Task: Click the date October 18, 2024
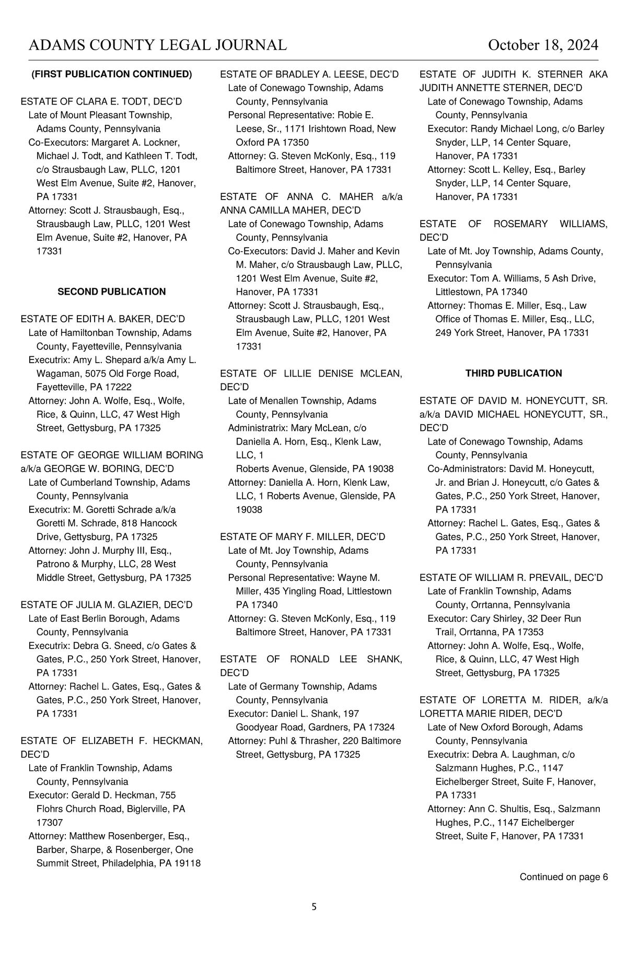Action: pos(543,45)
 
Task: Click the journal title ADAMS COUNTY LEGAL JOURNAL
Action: pos(158,45)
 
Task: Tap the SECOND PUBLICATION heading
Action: pos(112,291)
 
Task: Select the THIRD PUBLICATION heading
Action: pos(514,373)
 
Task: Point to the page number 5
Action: pos(314,907)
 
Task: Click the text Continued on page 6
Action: pos(563,877)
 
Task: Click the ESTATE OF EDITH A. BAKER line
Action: pos(103,319)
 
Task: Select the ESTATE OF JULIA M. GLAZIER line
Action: pos(107,604)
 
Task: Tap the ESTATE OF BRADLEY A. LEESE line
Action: pos(309,74)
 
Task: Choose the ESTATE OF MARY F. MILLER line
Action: pos(303,536)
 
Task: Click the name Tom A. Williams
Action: pos(502,278)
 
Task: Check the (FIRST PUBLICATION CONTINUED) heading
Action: pos(112,74)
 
